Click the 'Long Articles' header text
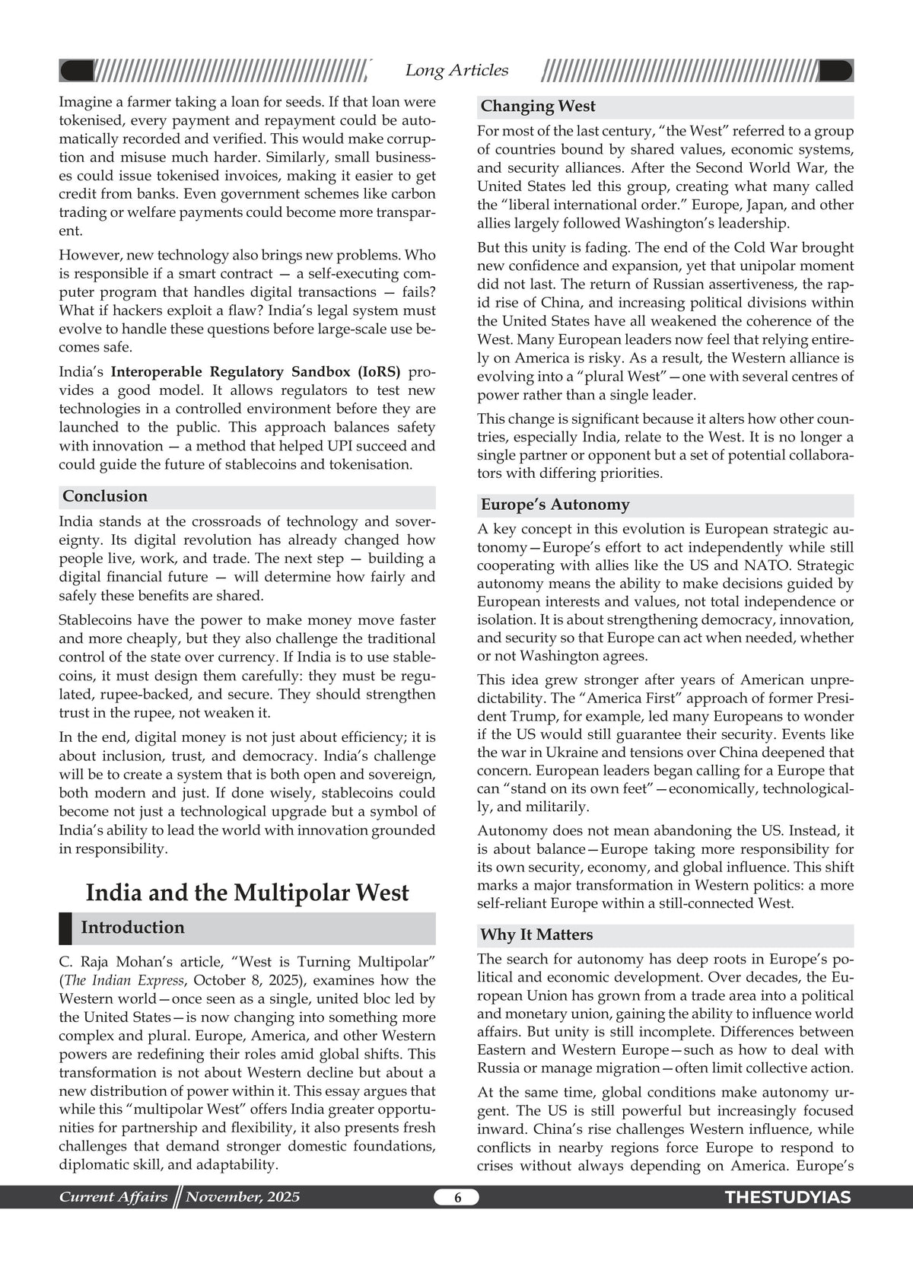tap(456, 71)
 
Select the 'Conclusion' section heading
tap(105, 497)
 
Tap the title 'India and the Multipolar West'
tap(247, 893)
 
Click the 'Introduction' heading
tap(132, 928)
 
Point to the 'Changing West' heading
tap(538, 107)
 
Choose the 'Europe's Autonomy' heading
tap(555, 505)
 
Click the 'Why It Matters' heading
tap(536, 935)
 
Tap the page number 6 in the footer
tap(457, 1198)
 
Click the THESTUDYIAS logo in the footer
tap(787, 1198)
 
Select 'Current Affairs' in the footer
tap(113, 1197)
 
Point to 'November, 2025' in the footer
tap(243, 1197)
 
